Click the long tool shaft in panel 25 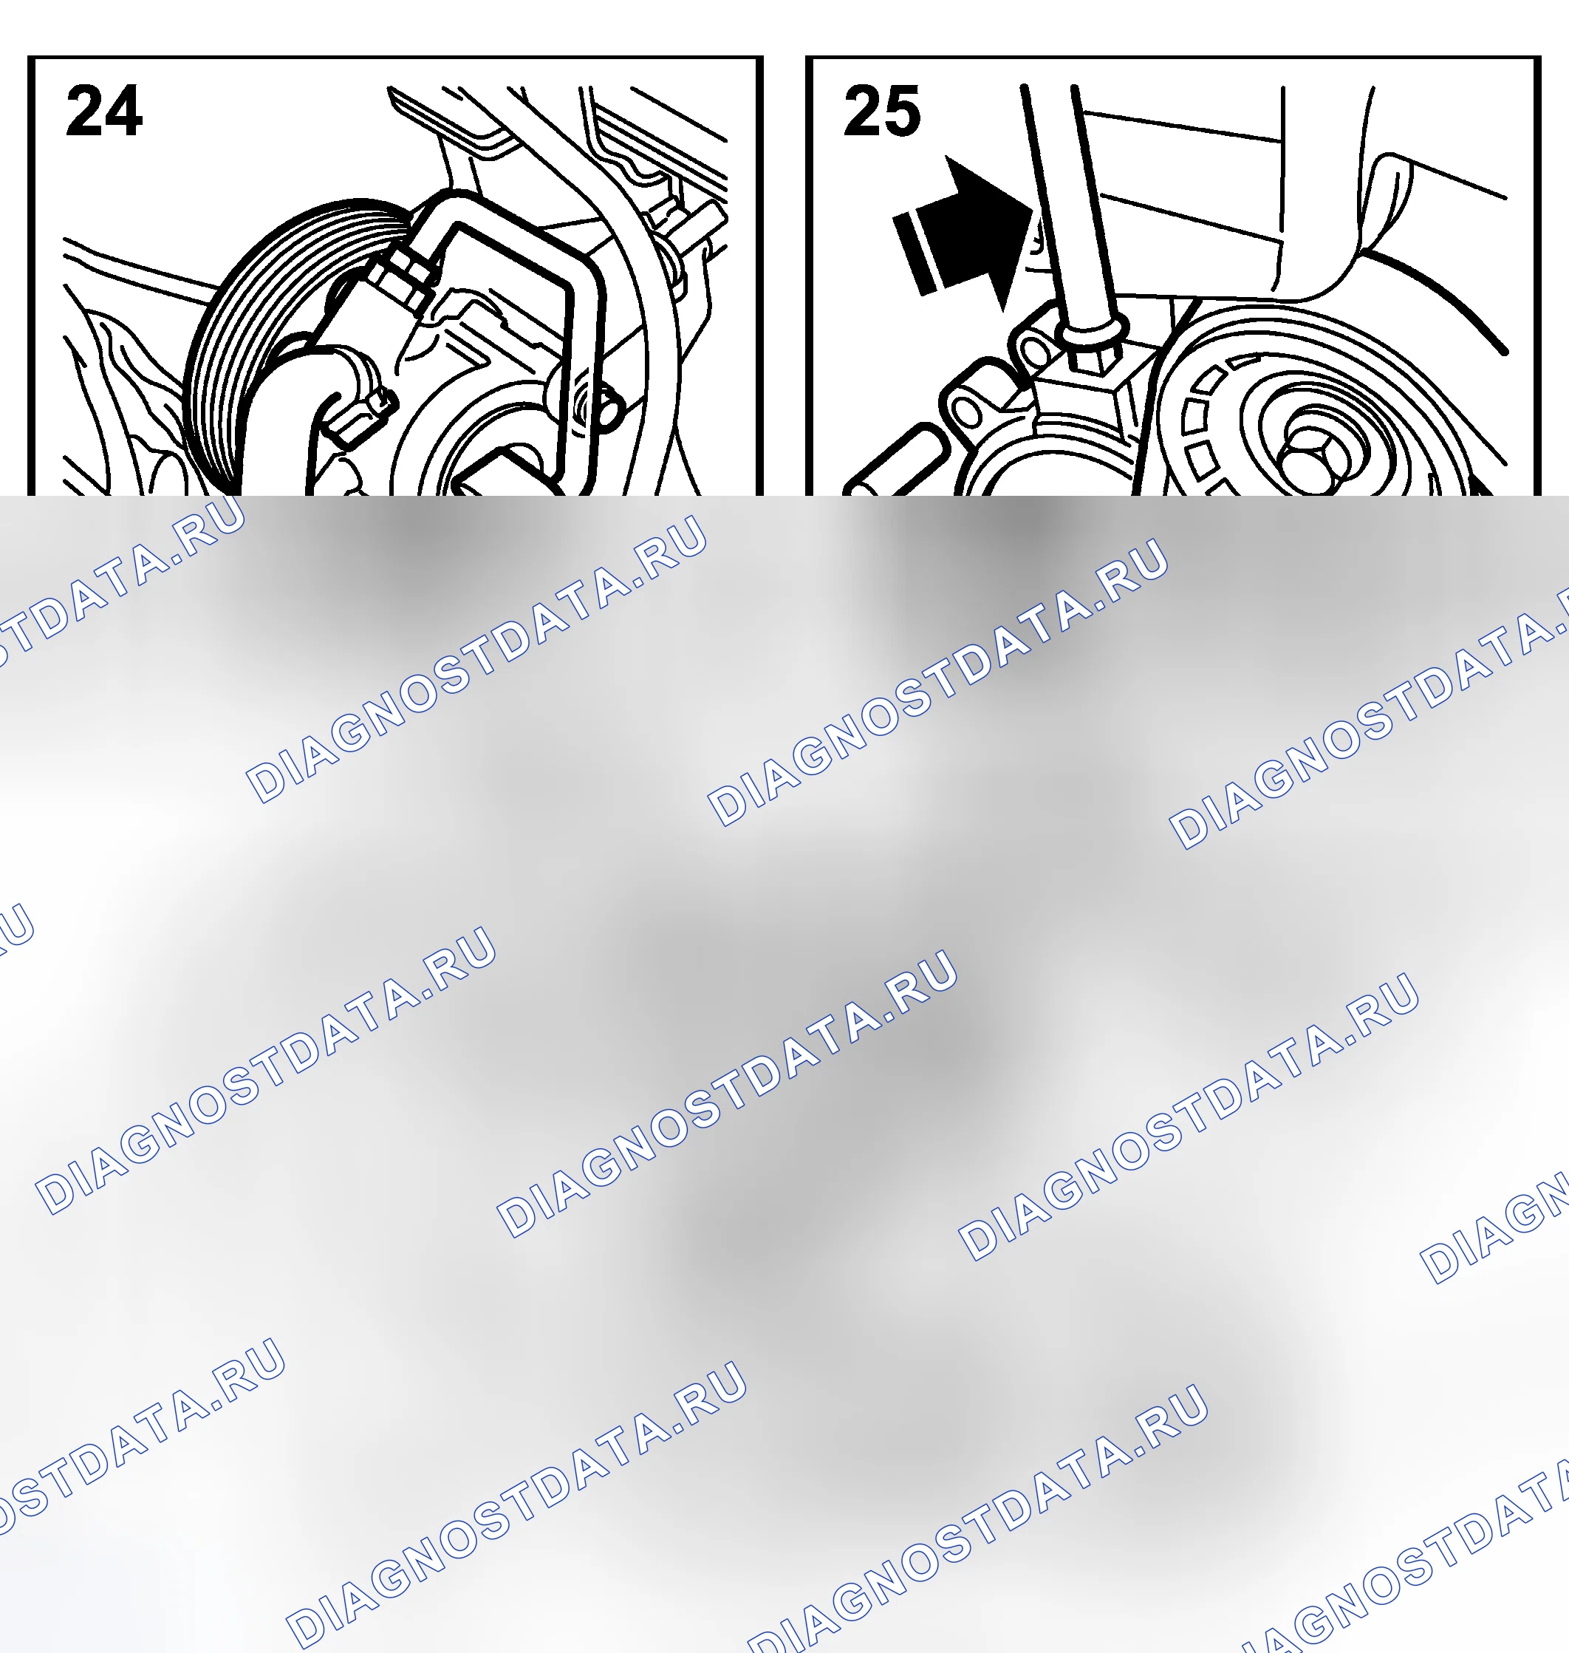[1070, 209]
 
